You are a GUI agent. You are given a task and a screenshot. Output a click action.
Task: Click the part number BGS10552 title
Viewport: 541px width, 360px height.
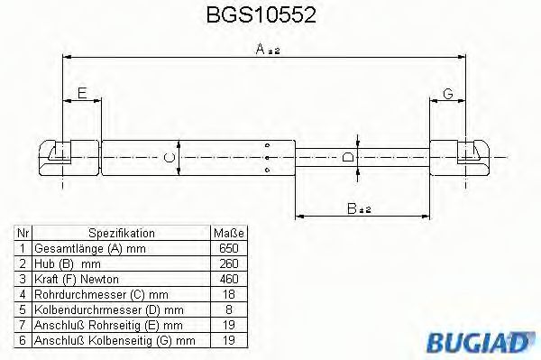(270, 15)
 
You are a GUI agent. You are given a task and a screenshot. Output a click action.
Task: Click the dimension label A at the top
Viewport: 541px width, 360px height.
(261, 51)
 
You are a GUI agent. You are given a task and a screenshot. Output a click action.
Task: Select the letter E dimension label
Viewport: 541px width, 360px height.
(81, 93)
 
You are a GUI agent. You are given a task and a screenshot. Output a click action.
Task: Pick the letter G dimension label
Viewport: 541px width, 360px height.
(447, 93)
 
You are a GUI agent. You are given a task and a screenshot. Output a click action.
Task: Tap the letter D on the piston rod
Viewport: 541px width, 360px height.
(348, 159)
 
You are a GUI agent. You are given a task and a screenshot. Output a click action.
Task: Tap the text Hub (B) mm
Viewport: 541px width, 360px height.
(68, 263)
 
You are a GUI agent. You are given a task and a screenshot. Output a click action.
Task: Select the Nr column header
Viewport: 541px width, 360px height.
(23, 233)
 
